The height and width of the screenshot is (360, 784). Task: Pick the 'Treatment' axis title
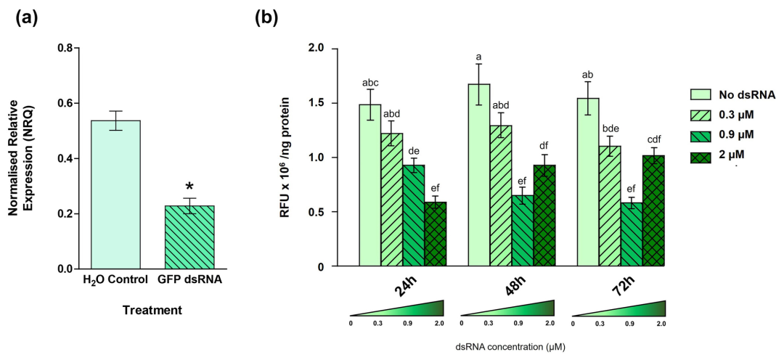[x=151, y=310]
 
